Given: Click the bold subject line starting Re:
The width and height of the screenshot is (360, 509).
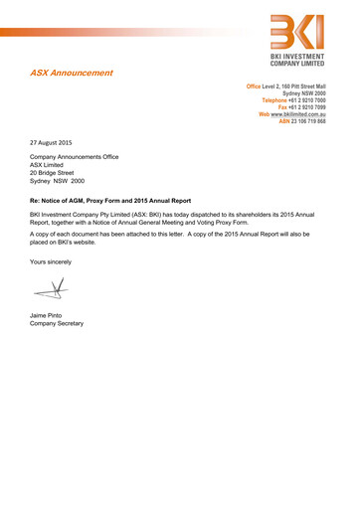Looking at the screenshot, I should (110, 201).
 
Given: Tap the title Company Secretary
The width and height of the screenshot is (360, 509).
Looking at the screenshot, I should (57, 324).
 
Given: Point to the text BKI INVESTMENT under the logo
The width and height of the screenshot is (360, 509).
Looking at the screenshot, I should (304, 61).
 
